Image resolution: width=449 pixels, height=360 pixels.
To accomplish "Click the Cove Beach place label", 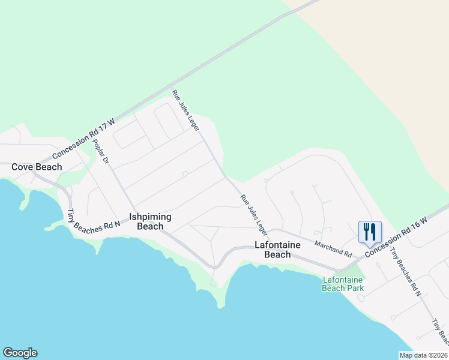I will tap(37, 167).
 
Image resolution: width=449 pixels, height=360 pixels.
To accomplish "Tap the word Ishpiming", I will tap(150, 217).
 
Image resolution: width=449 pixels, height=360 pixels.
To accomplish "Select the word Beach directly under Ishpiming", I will tap(150, 226).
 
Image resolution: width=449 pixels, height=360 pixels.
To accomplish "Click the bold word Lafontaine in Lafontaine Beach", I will tap(277, 245).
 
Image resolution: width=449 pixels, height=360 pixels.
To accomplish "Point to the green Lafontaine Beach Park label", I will tap(343, 284).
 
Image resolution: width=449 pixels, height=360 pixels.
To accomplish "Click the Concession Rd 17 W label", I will tap(92, 133).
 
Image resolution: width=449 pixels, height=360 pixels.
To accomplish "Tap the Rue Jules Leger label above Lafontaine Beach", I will tap(254, 214).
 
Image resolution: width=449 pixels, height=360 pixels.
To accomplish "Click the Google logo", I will tap(20, 353).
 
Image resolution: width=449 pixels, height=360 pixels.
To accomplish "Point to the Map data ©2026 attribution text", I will tap(424, 355).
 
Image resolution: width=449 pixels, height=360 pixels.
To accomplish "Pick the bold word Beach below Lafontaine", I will tap(277, 254).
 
